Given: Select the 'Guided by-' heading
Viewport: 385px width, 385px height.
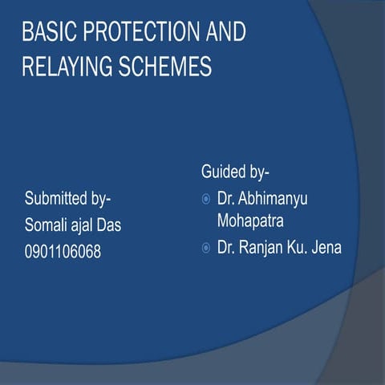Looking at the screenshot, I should tap(236, 172).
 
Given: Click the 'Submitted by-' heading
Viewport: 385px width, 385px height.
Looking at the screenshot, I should tap(67, 197).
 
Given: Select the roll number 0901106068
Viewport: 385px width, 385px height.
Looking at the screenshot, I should tap(63, 252).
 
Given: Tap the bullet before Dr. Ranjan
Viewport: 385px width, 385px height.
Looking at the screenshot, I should tap(205, 248).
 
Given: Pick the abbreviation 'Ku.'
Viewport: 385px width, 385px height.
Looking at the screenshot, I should tap(302, 248).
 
